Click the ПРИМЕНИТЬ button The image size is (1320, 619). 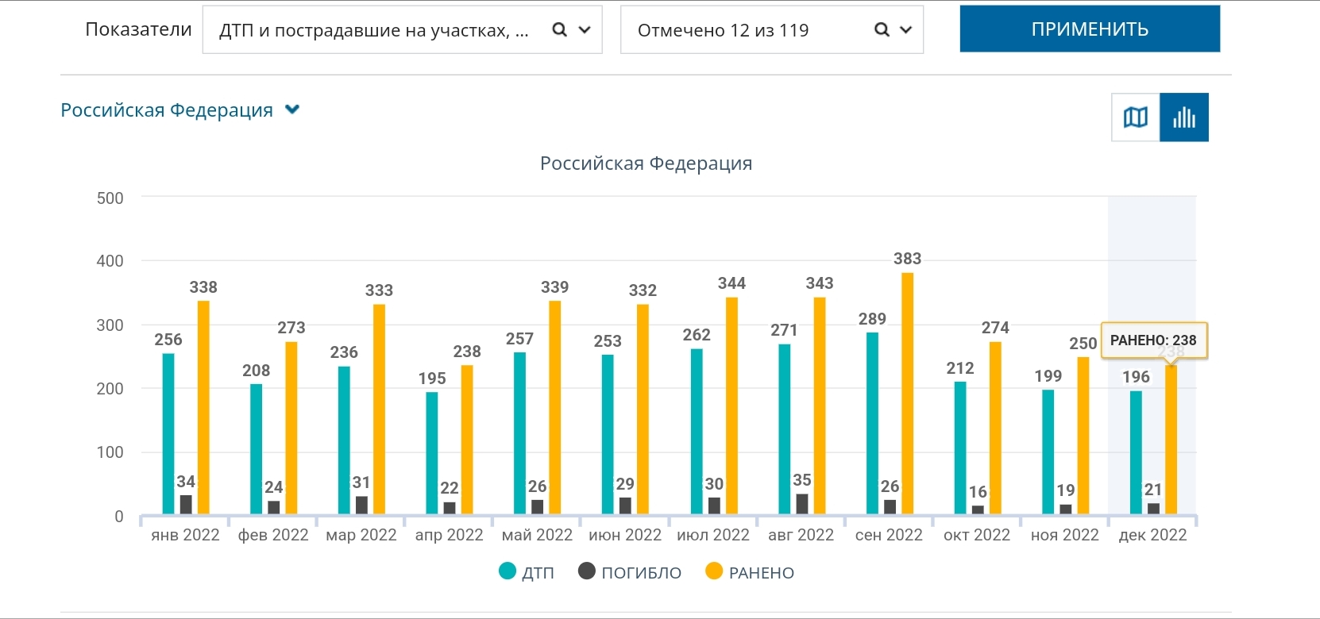(x=1089, y=29)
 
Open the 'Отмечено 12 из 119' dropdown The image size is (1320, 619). (x=771, y=30)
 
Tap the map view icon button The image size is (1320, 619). (x=1136, y=117)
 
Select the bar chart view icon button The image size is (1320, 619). (x=1183, y=117)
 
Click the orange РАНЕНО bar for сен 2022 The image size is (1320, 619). (x=907, y=393)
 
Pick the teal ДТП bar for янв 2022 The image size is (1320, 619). (x=168, y=433)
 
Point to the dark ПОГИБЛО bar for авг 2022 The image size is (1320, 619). (x=802, y=503)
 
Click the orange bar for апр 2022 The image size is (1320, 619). (x=467, y=439)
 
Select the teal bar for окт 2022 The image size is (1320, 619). (x=960, y=448)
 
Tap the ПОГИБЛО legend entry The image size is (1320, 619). (x=631, y=572)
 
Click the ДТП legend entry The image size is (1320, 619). (x=527, y=572)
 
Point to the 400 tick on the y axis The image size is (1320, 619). (x=110, y=261)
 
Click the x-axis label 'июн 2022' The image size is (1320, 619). (x=625, y=535)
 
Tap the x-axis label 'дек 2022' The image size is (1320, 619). (x=1152, y=535)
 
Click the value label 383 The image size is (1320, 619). (x=907, y=259)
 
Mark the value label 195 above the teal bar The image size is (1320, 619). (x=432, y=379)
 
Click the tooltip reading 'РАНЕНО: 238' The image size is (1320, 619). (x=1153, y=340)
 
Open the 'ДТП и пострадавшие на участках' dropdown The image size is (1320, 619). (x=402, y=30)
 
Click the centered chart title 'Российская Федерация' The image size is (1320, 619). (x=646, y=163)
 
